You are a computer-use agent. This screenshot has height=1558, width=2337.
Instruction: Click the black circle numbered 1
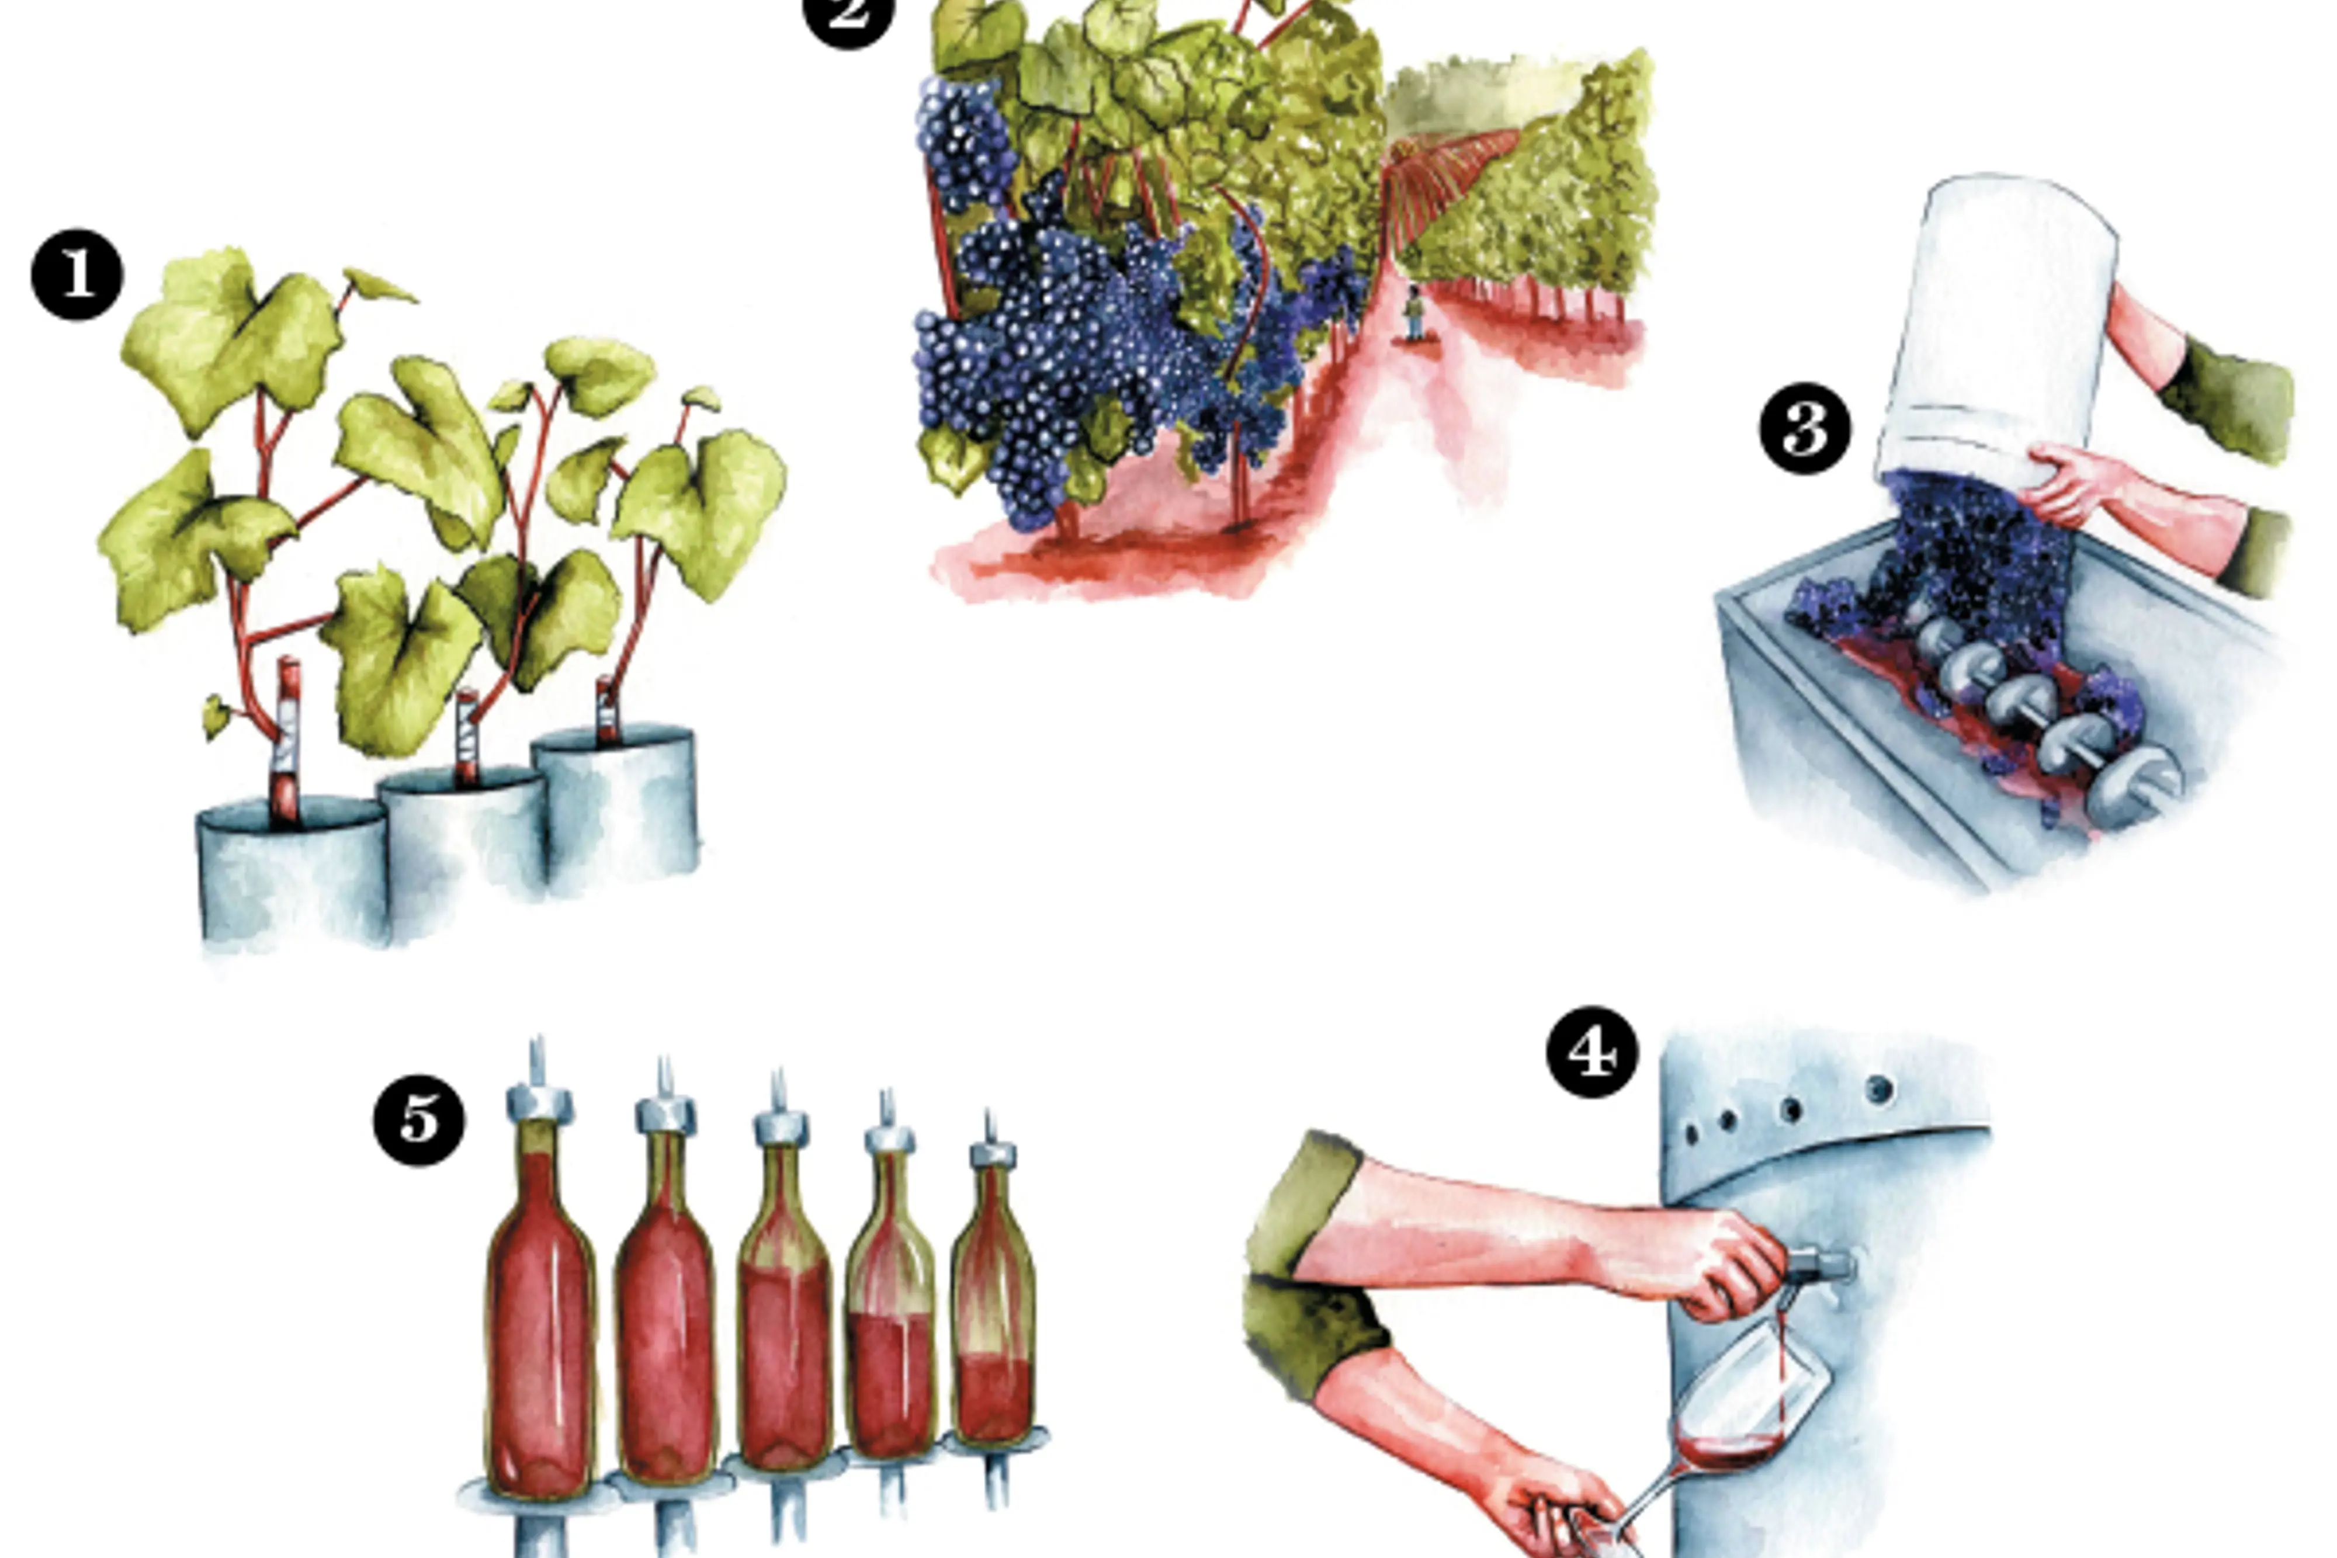(x=78, y=275)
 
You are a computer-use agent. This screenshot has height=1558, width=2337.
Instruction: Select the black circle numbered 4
(x=1593, y=1052)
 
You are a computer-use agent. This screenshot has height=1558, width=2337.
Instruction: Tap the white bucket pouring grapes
(x=1997, y=333)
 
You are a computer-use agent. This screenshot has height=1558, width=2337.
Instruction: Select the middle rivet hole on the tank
(x=1791, y=1109)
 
